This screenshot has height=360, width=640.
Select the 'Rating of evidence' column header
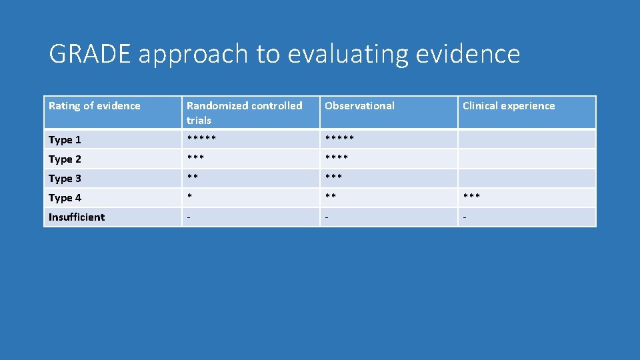pyautogui.click(x=95, y=106)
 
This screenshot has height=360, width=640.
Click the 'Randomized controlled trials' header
pyautogui.click(x=244, y=113)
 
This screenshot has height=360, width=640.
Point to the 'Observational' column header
pyautogui.click(x=359, y=106)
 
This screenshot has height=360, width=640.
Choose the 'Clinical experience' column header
pyautogui.click(x=509, y=106)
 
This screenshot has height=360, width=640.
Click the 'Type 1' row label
pyautogui.click(x=65, y=139)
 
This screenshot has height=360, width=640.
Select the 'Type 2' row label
pyautogui.click(x=65, y=159)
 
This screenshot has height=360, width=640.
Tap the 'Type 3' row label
pyautogui.click(x=65, y=178)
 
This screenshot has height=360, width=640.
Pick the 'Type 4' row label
pyautogui.click(x=65, y=197)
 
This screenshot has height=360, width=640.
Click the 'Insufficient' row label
pyautogui.click(x=77, y=217)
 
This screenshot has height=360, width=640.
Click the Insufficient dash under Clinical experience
pyautogui.click(x=465, y=217)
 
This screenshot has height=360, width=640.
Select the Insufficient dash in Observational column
pyautogui.click(x=327, y=217)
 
